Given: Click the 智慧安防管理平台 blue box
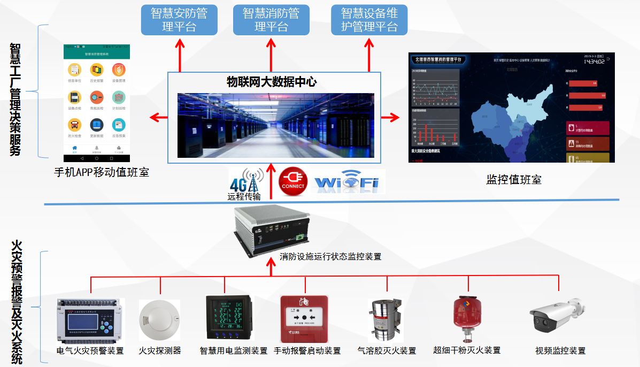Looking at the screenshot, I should [179, 20].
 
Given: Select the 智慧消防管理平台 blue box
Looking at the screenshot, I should [271, 20].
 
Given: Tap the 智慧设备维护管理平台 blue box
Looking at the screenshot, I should [369, 20].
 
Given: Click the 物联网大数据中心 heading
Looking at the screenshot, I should [272, 82].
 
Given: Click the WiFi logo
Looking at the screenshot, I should [349, 182].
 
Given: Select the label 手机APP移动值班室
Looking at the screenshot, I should [102, 172].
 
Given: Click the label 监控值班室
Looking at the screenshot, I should [513, 179].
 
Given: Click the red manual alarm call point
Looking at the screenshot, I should [304, 319].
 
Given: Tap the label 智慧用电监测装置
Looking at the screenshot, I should [234, 351].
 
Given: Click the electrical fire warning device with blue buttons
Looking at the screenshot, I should [90, 321].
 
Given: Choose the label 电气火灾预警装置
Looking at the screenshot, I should [90, 351].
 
